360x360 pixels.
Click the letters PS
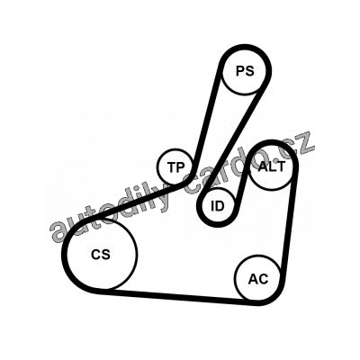(245, 71)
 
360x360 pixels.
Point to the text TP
(176, 167)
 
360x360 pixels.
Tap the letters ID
(218, 206)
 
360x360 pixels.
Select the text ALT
(272, 166)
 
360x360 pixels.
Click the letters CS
(101, 255)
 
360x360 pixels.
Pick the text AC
(258, 279)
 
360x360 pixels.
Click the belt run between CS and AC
(179, 296)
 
